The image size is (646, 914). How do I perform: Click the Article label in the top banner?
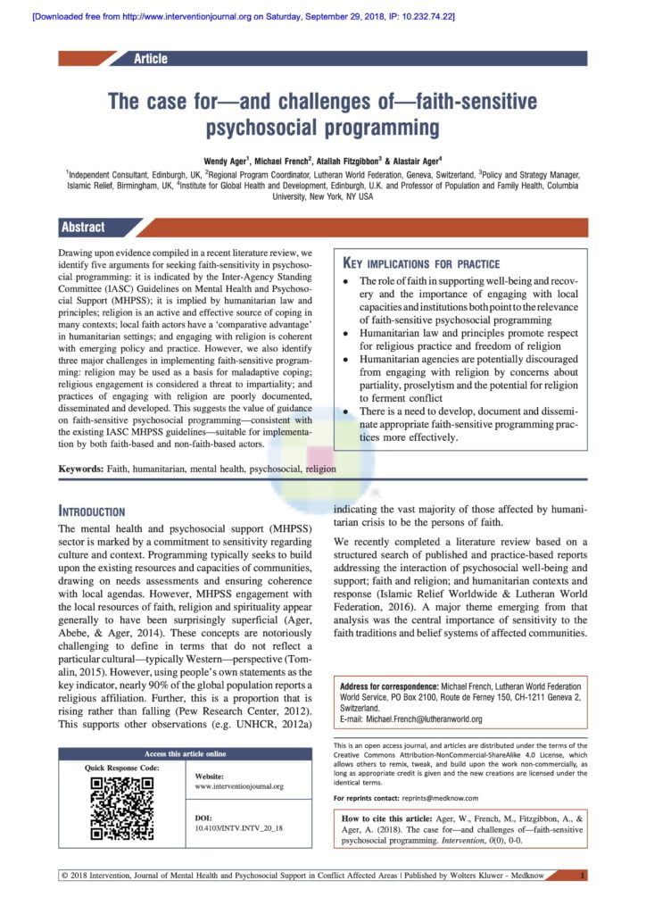(x=150, y=59)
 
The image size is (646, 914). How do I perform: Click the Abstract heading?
(x=83, y=227)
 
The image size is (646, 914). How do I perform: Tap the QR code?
(x=123, y=809)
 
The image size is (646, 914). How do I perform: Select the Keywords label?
(x=81, y=468)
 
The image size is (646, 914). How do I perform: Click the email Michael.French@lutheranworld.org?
(x=411, y=719)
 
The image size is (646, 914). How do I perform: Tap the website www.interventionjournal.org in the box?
(x=238, y=786)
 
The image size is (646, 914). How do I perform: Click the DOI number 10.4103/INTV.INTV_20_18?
(x=239, y=828)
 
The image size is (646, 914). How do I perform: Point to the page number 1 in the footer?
(x=582, y=876)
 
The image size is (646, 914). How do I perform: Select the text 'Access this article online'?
(x=186, y=753)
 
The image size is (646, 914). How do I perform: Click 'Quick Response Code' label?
(x=122, y=768)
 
